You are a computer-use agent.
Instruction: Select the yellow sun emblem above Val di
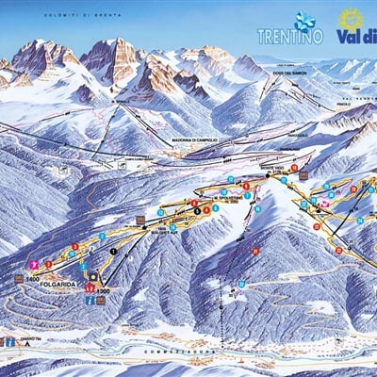351,18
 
